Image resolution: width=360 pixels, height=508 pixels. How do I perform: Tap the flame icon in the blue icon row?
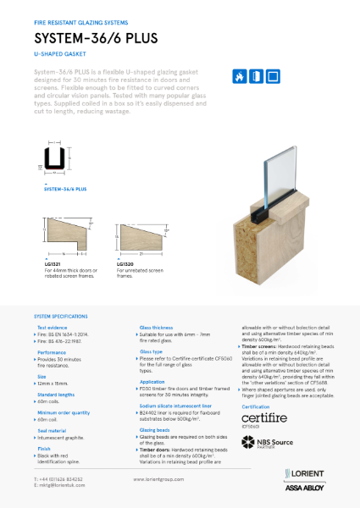pyautogui.click(x=239, y=76)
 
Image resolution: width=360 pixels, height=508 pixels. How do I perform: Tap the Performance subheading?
pyautogui.click(x=52, y=351)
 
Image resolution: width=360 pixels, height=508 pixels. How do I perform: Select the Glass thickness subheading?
pyautogui.click(x=158, y=327)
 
